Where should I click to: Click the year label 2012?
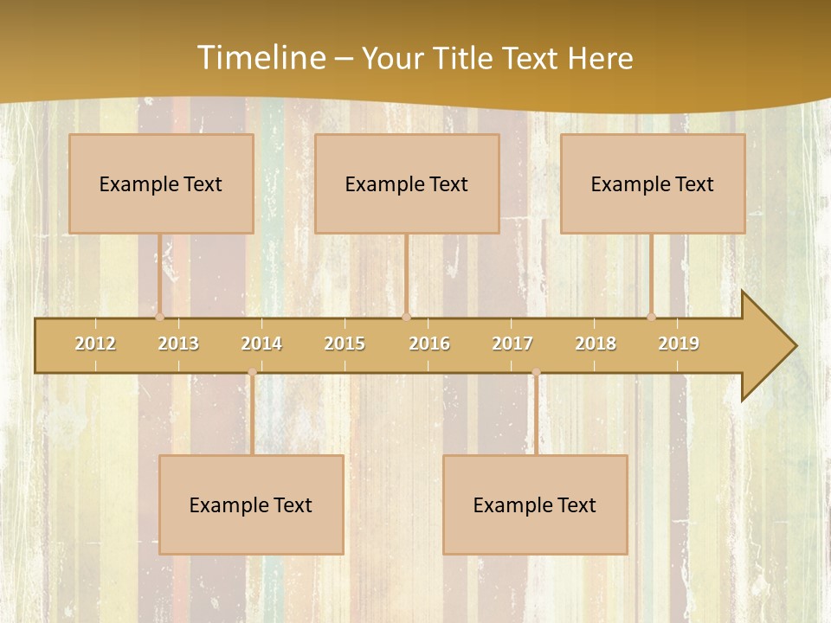tap(95, 344)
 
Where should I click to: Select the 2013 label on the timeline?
tap(178, 344)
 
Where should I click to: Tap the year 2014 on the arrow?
tap(261, 344)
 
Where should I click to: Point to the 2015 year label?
tap(345, 344)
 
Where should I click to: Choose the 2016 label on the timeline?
tap(429, 344)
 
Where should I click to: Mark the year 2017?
tap(512, 344)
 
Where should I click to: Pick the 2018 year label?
tap(596, 344)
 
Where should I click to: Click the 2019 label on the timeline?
tap(679, 344)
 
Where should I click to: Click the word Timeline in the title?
tap(260, 58)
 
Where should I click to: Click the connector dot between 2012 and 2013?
tap(159, 317)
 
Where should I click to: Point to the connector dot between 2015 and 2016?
tap(406, 317)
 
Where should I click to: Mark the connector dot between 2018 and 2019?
tap(652, 317)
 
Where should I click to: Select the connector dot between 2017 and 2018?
tap(536, 373)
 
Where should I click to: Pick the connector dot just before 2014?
tap(252, 373)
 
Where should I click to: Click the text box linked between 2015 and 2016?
tap(407, 183)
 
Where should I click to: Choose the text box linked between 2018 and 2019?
tap(653, 183)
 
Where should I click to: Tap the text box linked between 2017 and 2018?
tap(535, 504)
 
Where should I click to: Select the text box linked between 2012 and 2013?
tap(161, 183)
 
